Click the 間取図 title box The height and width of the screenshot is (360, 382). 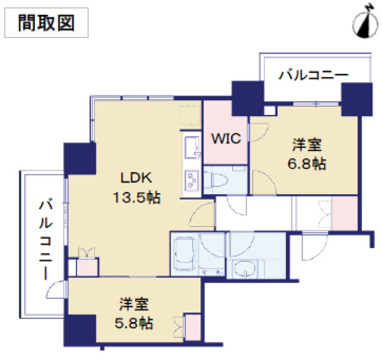tap(47, 23)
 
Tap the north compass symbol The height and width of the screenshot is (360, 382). tap(365, 22)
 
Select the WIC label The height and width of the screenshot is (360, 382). tap(226, 139)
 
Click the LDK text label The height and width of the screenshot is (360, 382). tap(136, 177)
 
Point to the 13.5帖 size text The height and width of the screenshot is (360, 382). tap(137, 197)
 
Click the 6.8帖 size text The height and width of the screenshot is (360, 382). tap(307, 164)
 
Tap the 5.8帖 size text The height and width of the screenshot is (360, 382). tap(134, 324)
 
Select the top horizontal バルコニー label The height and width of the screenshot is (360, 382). tap(313, 75)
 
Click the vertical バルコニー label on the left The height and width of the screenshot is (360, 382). tap(46, 239)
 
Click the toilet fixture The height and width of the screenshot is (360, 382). tap(215, 180)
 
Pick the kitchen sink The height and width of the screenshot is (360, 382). tap(192, 147)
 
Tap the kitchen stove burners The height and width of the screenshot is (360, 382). tap(192, 180)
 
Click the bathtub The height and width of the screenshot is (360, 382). tap(185, 254)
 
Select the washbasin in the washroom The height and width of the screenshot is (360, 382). tap(244, 269)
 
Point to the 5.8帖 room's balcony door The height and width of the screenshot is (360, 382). tap(57, 290)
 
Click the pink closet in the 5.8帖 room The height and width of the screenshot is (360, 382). tap(193, 327)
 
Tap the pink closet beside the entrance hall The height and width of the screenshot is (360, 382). tap(345, 213)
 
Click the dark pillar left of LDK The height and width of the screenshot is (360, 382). tap(79, 158)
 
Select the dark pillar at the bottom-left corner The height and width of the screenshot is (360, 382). tap(79, 330)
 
